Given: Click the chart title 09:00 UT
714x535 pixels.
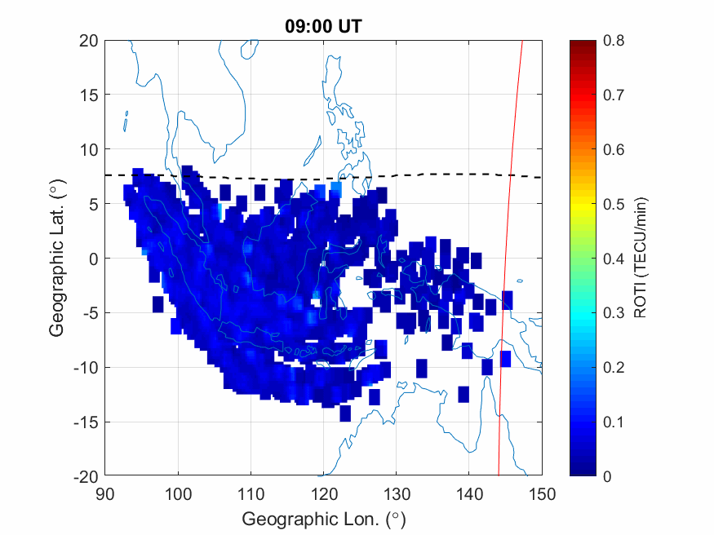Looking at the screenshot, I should [x=323, y=26].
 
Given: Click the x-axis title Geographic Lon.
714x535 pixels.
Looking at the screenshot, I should [x=323, y=519].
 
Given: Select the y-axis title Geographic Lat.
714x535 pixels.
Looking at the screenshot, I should [x=56, y=259].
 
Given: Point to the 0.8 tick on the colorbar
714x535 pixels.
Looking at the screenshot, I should [x=613, y=41].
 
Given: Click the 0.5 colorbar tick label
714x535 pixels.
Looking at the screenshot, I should [x=613, y=204].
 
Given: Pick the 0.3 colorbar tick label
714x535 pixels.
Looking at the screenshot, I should [x=613, y=313].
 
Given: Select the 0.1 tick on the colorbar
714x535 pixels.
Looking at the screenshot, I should [x=613, y=422].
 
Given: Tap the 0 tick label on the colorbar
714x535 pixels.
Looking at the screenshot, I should [x=607, y=476].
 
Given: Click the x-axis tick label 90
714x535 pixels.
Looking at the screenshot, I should [x=104, y=493].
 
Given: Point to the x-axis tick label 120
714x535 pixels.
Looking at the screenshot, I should [x=324, y=493].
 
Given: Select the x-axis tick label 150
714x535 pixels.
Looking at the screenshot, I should [x=543, y=493].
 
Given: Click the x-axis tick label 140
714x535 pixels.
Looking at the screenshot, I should [x=469, y=493].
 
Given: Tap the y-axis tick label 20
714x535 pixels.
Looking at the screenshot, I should [x=89, y=41].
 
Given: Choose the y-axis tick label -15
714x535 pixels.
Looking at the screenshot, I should [x=86, y=422].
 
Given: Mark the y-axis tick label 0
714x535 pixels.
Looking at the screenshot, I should [x=93, y=259].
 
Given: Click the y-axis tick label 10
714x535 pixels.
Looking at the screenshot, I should [x=89, y=149].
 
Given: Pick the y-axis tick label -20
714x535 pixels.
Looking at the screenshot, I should [x=86, y=476].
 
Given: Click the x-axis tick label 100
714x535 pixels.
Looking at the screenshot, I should [x=178, y=493].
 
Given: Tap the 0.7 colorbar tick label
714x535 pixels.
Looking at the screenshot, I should [x=613, y=95].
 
